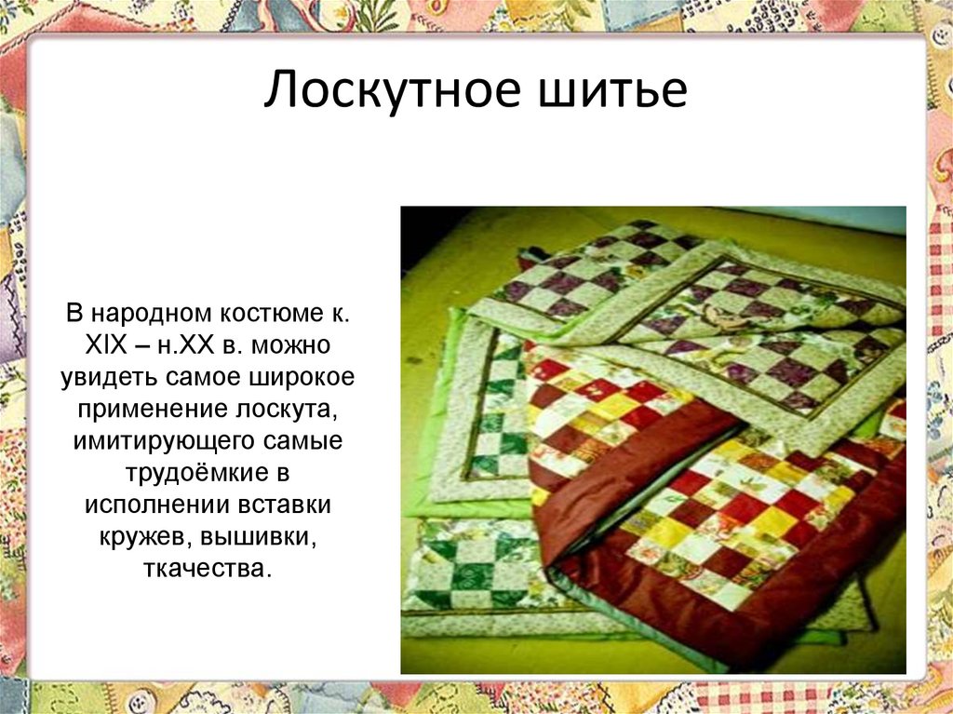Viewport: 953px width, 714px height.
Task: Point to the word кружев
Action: coord(141,536)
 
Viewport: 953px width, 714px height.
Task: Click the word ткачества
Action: coord(209,568)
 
